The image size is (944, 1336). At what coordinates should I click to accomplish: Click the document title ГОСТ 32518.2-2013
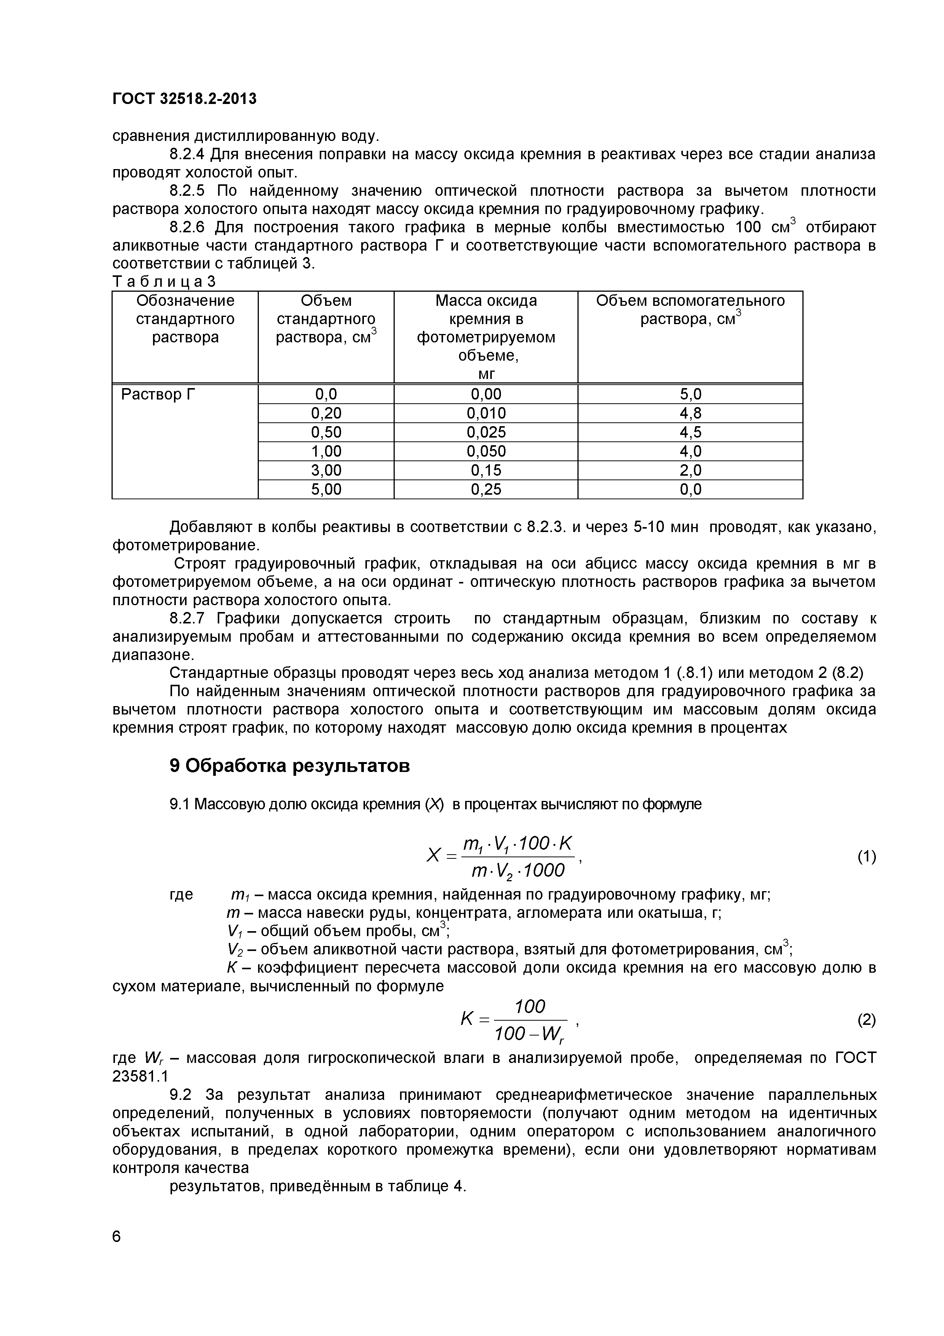[x=184, y=99]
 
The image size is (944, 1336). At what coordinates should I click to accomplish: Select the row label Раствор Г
[x=159, y=395]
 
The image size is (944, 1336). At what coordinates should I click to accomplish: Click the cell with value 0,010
[x=486, y=414]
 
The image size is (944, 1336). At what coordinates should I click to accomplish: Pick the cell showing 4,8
[x=690, y=414]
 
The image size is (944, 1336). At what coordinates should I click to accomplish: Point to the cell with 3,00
[x=326, y=470]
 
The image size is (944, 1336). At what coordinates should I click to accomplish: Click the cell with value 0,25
[x=486, y=489]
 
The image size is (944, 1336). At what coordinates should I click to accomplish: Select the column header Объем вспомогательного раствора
[x=690, y=310]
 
